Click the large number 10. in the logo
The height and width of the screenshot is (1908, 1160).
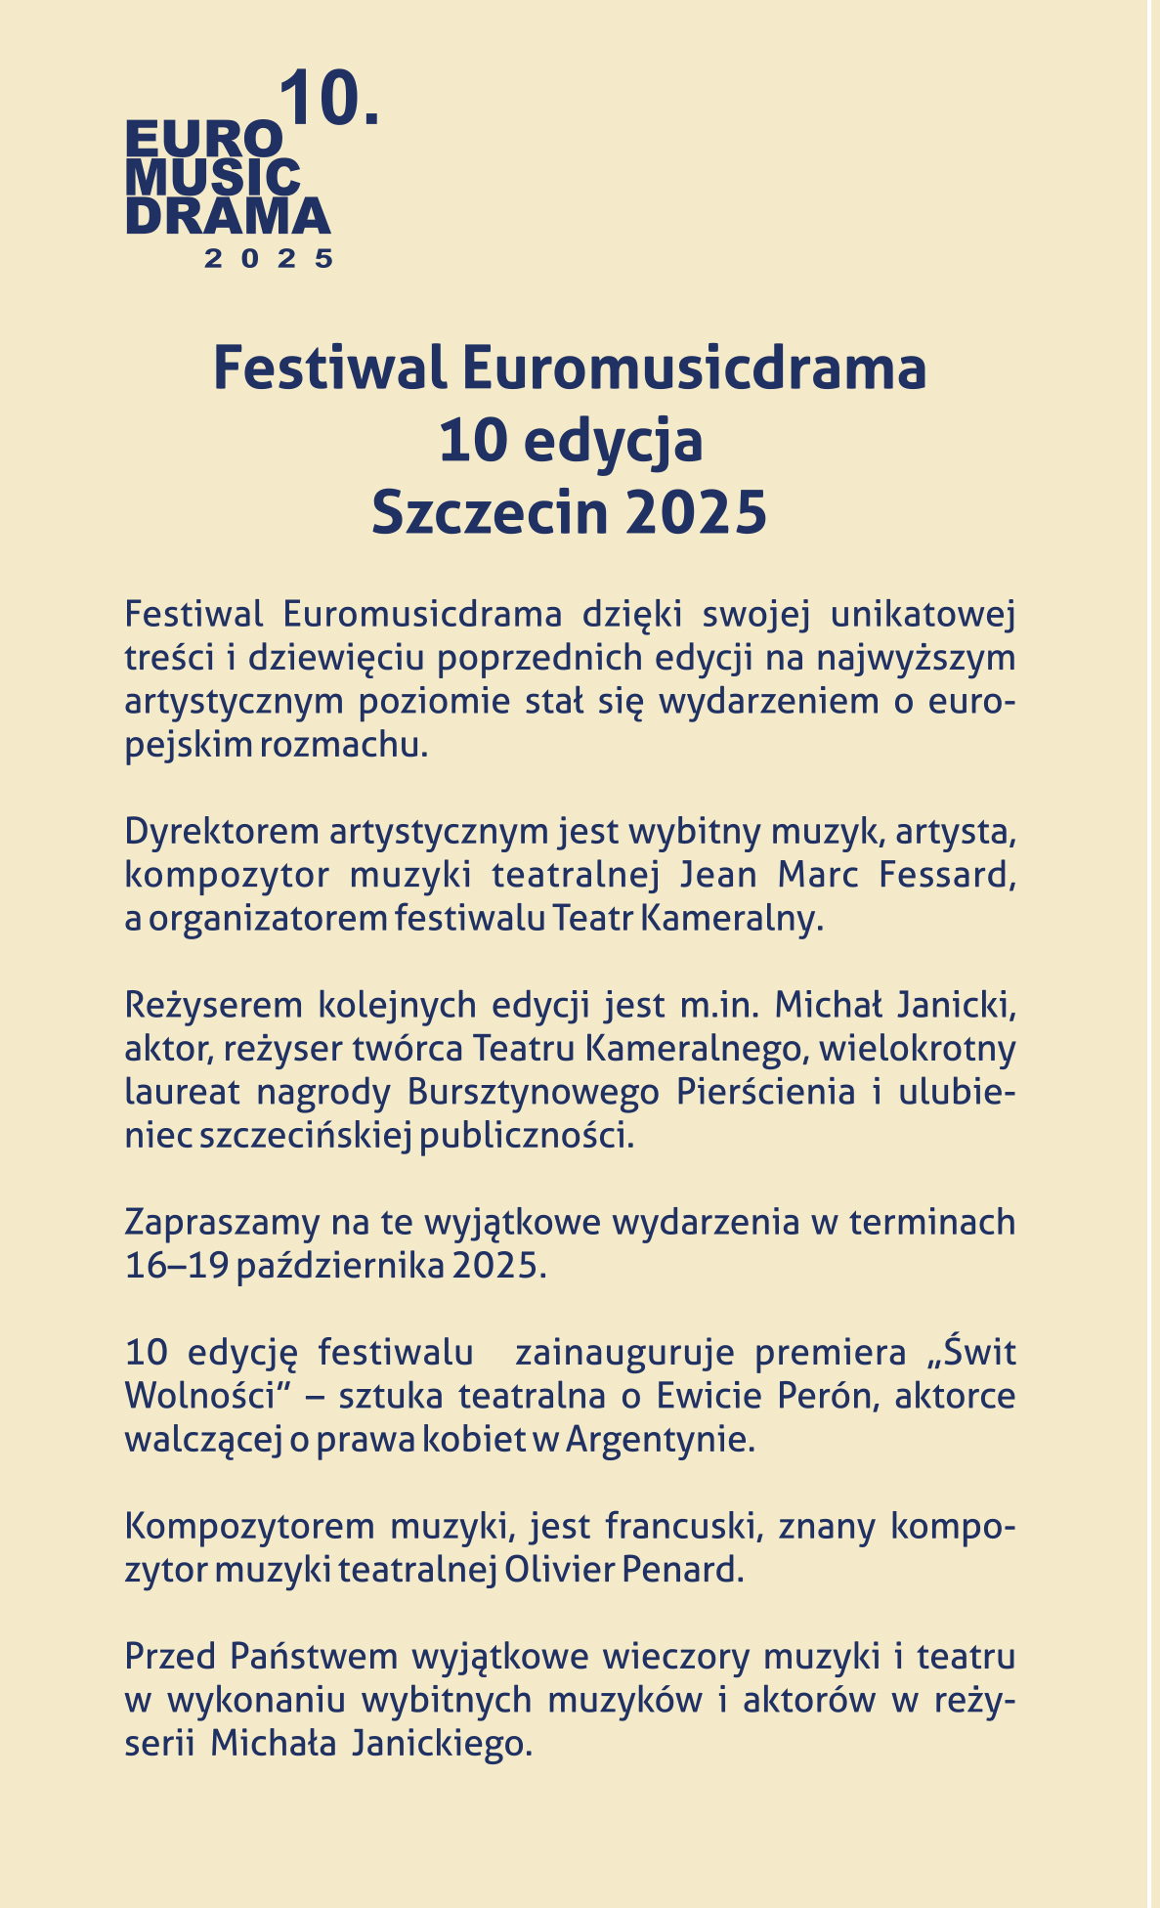click(329, 100)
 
